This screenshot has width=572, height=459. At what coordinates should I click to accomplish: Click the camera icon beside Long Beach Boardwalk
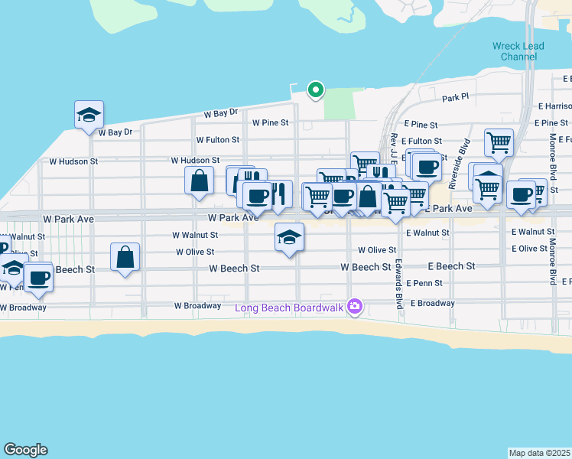[354, 308]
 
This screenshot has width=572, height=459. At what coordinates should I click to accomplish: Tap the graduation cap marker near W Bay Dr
[89, 116]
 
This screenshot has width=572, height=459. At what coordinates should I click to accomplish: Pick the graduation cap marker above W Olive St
[289, 238]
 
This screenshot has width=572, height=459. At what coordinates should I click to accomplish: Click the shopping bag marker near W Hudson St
[199, 182]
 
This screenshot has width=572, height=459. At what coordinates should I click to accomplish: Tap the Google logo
[25, 450]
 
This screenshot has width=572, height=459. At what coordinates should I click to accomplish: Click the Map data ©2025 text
[540, 453]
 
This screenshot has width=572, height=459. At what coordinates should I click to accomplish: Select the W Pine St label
[270, 122]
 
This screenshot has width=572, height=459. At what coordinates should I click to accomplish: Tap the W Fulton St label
[218, 141]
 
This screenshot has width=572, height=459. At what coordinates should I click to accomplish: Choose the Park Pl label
[455, 99]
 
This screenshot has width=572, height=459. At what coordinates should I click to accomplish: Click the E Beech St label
[451, 266]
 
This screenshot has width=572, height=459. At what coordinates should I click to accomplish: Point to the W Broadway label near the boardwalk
[197, 305]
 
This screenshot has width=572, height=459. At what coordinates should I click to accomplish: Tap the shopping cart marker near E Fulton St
[499, 142]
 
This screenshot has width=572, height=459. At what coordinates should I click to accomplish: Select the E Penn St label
[424, 283]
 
